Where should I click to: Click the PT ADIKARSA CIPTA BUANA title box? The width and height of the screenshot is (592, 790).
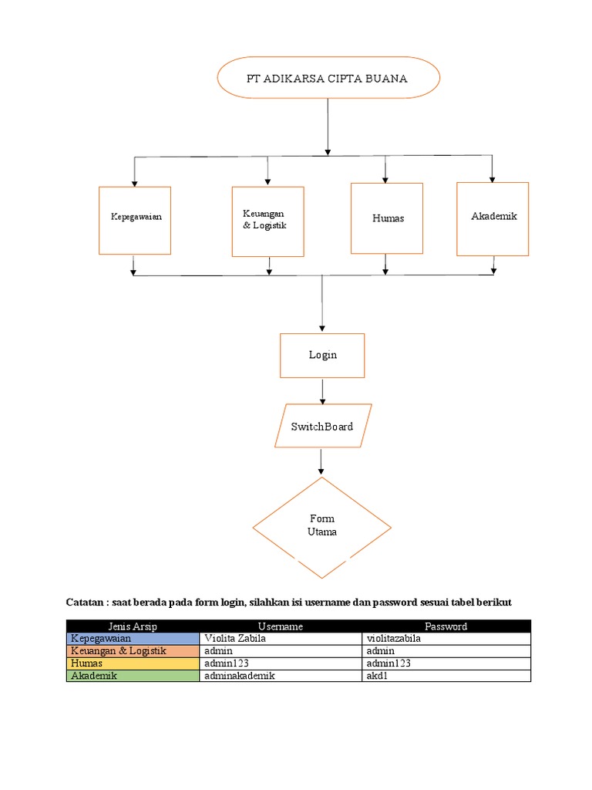coord(328,79)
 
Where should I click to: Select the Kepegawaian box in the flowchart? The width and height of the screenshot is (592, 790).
coord(135,220)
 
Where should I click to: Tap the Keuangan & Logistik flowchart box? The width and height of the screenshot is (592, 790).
coord(267,221)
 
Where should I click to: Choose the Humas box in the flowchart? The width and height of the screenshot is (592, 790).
coord(386,218)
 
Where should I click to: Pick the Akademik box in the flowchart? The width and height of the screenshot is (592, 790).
coord(493,218)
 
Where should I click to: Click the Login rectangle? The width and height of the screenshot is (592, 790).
coord(322,356)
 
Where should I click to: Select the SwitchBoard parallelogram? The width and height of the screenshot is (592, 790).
coord(322,426)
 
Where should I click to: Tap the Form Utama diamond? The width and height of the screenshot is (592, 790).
coord(321,527)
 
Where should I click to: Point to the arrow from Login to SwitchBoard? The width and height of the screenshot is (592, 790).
coord(322,391)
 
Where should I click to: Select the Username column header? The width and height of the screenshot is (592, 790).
coord(280,626)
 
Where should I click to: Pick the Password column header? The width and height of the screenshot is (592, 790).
coord(446,626)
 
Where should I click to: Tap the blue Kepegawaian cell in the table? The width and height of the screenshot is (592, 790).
coord(133,639)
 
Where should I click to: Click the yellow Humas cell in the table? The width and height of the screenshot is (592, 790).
coord(133,663)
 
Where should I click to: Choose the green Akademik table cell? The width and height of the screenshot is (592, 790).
coord(133,676)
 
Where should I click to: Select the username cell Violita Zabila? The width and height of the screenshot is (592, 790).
coord(280,639)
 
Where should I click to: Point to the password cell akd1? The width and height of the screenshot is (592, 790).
coord(446,676)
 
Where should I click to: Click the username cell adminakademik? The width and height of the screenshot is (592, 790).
coord(280,676)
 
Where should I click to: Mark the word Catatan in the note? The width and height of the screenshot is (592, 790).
coord(86,601)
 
